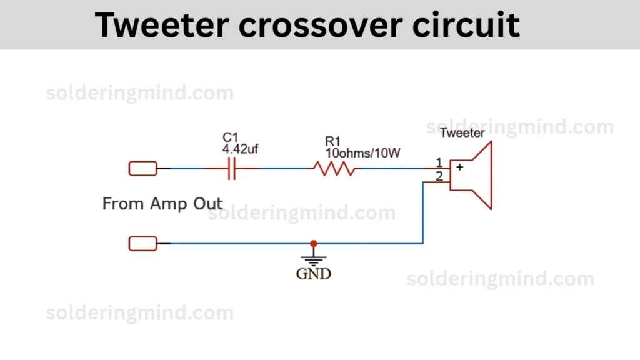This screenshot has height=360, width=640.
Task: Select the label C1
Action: click(231, 137)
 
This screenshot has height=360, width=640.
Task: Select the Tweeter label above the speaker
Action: click(462, 132)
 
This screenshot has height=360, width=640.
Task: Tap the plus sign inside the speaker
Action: click(459, 167)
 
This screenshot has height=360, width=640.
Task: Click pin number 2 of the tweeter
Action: click(439, 176)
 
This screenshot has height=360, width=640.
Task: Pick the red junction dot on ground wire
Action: click(314, 244)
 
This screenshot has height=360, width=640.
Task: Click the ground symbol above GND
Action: click(314, 257)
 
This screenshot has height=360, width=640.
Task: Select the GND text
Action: click(314, 274)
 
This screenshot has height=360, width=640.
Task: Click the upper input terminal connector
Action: click(143, 169)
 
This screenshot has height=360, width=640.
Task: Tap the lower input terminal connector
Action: click(143, 244)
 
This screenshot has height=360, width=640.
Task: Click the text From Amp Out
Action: click(162, 204)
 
